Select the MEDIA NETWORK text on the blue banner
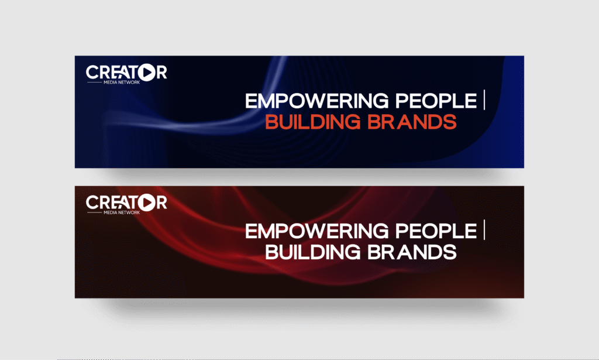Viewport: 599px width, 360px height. pyautogui.click(x=122, y=83)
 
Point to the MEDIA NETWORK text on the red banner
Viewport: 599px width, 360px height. pyautogui.click(x=122, y=212)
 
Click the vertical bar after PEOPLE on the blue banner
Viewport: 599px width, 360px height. pyautogui.click(x=485, y=101)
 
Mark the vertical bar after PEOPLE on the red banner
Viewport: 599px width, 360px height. pyautogui.click(x=485, y=231)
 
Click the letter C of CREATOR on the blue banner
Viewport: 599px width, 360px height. pyautogui.click(x=92, y=73)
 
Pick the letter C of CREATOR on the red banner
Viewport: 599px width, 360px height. pyautogui.click(x=92, y=203)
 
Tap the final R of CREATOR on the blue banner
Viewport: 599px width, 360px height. pyautogui.click(x=161, y=73)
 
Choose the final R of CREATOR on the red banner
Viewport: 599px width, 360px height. pyautogui.click(x=161, y=203)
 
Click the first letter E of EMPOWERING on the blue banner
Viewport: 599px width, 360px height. pyautogui.click(x=251, y=101)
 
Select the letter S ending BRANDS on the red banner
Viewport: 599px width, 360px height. pyautogui.click(x=450, y=252)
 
